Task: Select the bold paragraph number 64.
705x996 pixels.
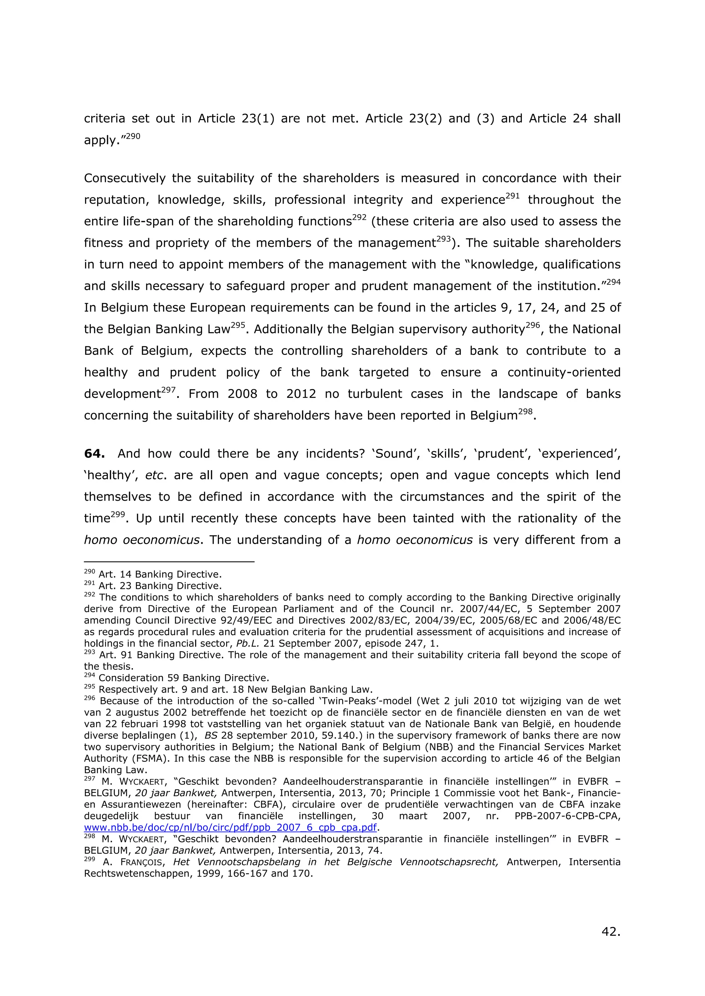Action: click(94, 454)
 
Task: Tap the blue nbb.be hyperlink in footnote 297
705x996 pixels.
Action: click(230, 827)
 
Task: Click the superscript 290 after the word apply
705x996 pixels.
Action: click(133, 136)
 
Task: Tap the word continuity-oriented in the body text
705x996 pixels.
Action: click(564, 372)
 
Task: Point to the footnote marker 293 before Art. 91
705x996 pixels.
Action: click(89, 652)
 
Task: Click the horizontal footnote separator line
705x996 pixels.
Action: click(169, 562)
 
